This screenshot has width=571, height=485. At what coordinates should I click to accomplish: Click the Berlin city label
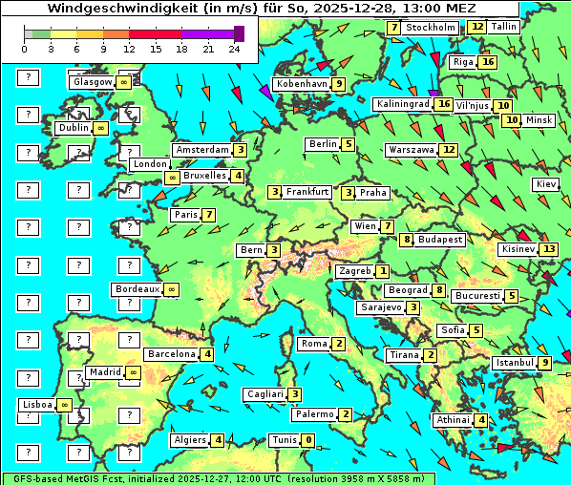click(323, 144)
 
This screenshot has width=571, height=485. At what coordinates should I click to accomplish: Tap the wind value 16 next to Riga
click(488, 62)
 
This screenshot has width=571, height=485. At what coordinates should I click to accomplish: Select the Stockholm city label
click(430, 28)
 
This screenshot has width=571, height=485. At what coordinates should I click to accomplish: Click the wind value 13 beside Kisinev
click(548, 249)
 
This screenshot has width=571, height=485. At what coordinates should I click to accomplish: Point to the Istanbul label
click(515, 363)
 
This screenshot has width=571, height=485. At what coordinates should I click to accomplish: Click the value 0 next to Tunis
click(307, 440)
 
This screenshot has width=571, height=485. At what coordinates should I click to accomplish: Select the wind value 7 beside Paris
click(207, 215)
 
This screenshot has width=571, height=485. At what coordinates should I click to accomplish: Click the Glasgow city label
click(92, 82)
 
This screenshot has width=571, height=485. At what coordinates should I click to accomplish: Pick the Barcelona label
click(173, 354)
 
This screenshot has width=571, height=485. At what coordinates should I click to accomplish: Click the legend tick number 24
click(235, 49)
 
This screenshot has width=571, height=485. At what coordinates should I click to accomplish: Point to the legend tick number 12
click(130, 49)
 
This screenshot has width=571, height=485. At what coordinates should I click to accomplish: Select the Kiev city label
click(546, 183)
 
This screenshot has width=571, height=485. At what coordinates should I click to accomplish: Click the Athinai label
click(453, 420)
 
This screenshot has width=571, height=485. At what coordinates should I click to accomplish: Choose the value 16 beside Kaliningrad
click(442, 104)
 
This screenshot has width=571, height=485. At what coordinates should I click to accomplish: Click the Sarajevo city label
click(380, 307)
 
